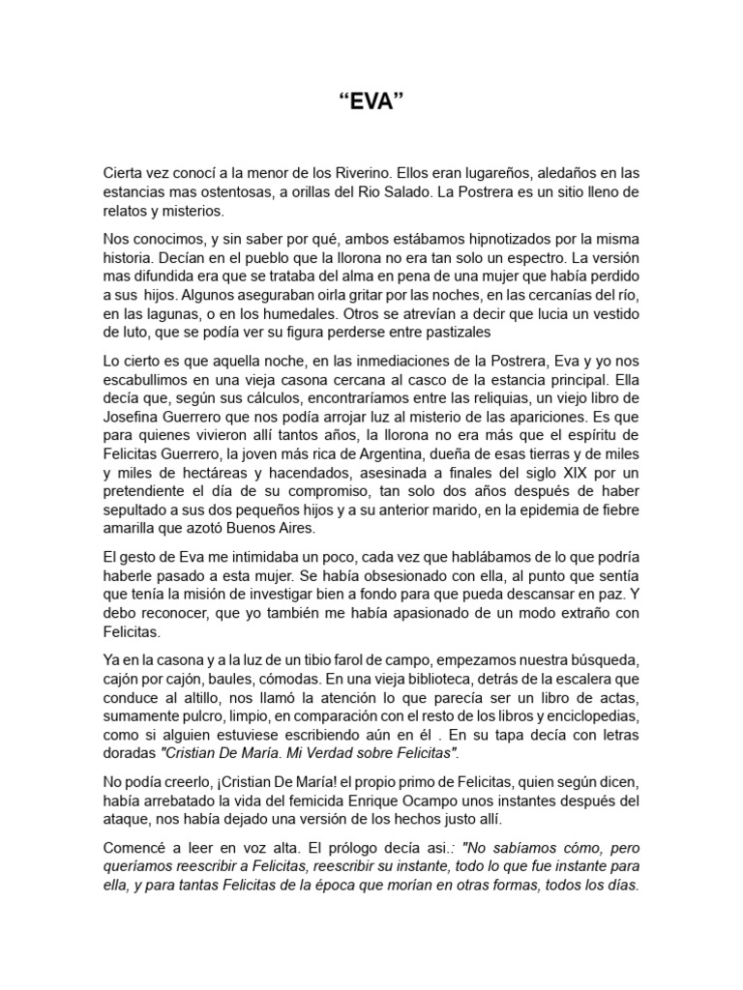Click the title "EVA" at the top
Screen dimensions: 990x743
371,102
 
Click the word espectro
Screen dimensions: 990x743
554,258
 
